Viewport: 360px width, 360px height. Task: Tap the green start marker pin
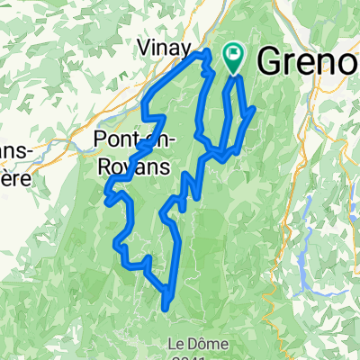click(234, 58)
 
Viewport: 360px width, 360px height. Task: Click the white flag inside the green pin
click(234, 56)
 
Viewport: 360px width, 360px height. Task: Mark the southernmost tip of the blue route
click(166, 308)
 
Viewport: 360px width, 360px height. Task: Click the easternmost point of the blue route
click(256, 110)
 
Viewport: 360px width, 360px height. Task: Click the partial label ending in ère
click(13, 177)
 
